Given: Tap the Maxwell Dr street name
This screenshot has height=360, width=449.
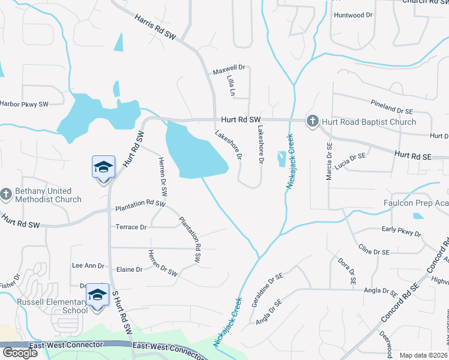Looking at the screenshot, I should (x=229, y=71).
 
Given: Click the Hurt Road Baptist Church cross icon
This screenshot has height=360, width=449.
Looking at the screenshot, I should (x=312, y=121).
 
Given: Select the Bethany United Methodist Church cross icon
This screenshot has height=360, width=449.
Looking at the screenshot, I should (x=6, y=195).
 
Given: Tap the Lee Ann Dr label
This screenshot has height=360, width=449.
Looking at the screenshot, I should (x=88, y=265).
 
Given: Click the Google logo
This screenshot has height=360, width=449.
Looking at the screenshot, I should (x=20, y=353).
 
